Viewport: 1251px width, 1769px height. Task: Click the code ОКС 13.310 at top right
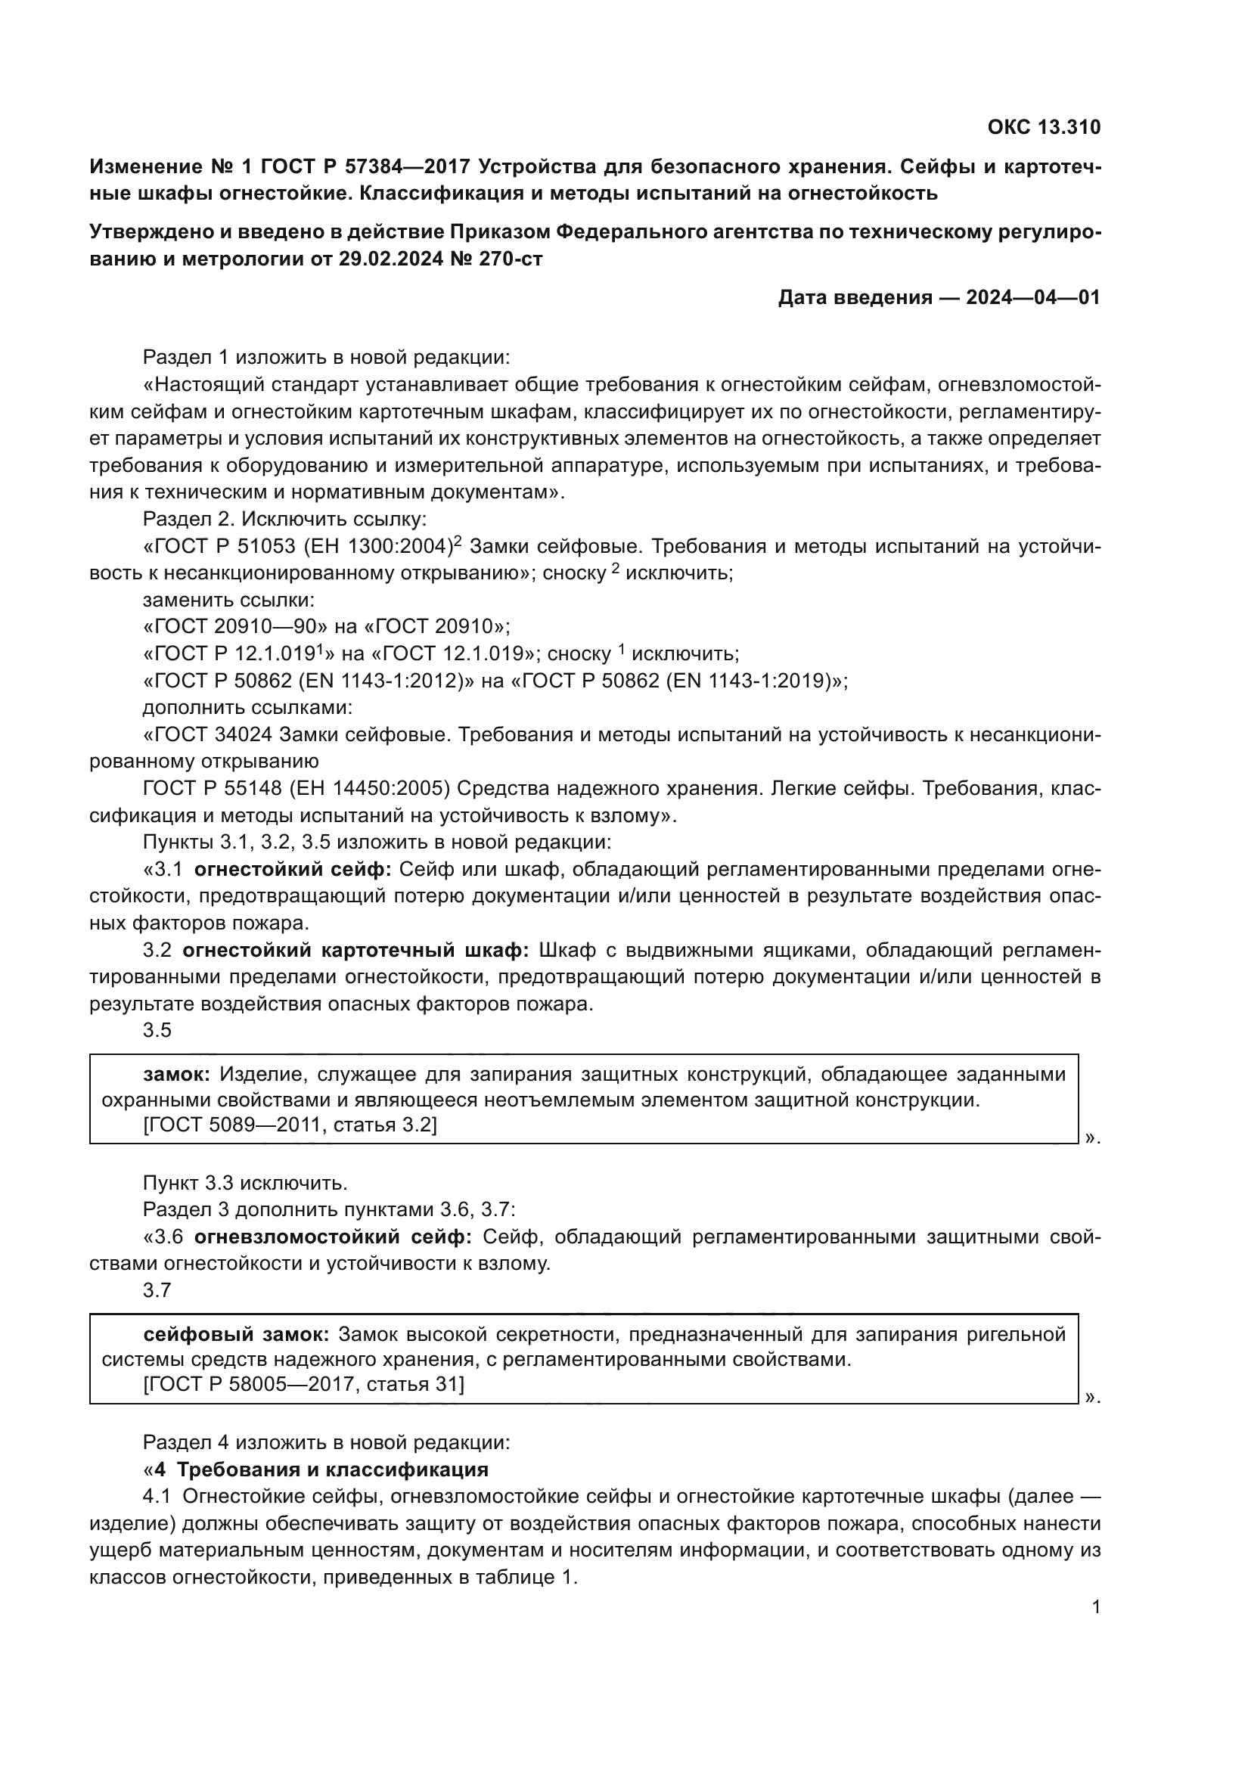pyautogui.click(x=1044, y=127)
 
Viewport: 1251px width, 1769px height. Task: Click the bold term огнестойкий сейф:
pyautogui.click(x=293, y=870)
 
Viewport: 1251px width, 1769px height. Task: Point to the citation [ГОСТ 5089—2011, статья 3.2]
pyautogui.click(x=290, y=1125)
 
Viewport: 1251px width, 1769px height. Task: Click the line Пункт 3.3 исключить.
pyautogui.click(x=245, y=1183)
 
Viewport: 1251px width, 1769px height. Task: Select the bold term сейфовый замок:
pyautogui.click(x=237, y=1334)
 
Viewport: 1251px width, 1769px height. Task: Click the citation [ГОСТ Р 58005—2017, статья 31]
pyautogui.click(x=303, y=1386)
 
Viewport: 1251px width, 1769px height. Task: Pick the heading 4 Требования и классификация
pyautogui.click(x=321, y=1470)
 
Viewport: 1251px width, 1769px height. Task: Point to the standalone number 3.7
pyautogui.click(x=157, y=1290)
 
